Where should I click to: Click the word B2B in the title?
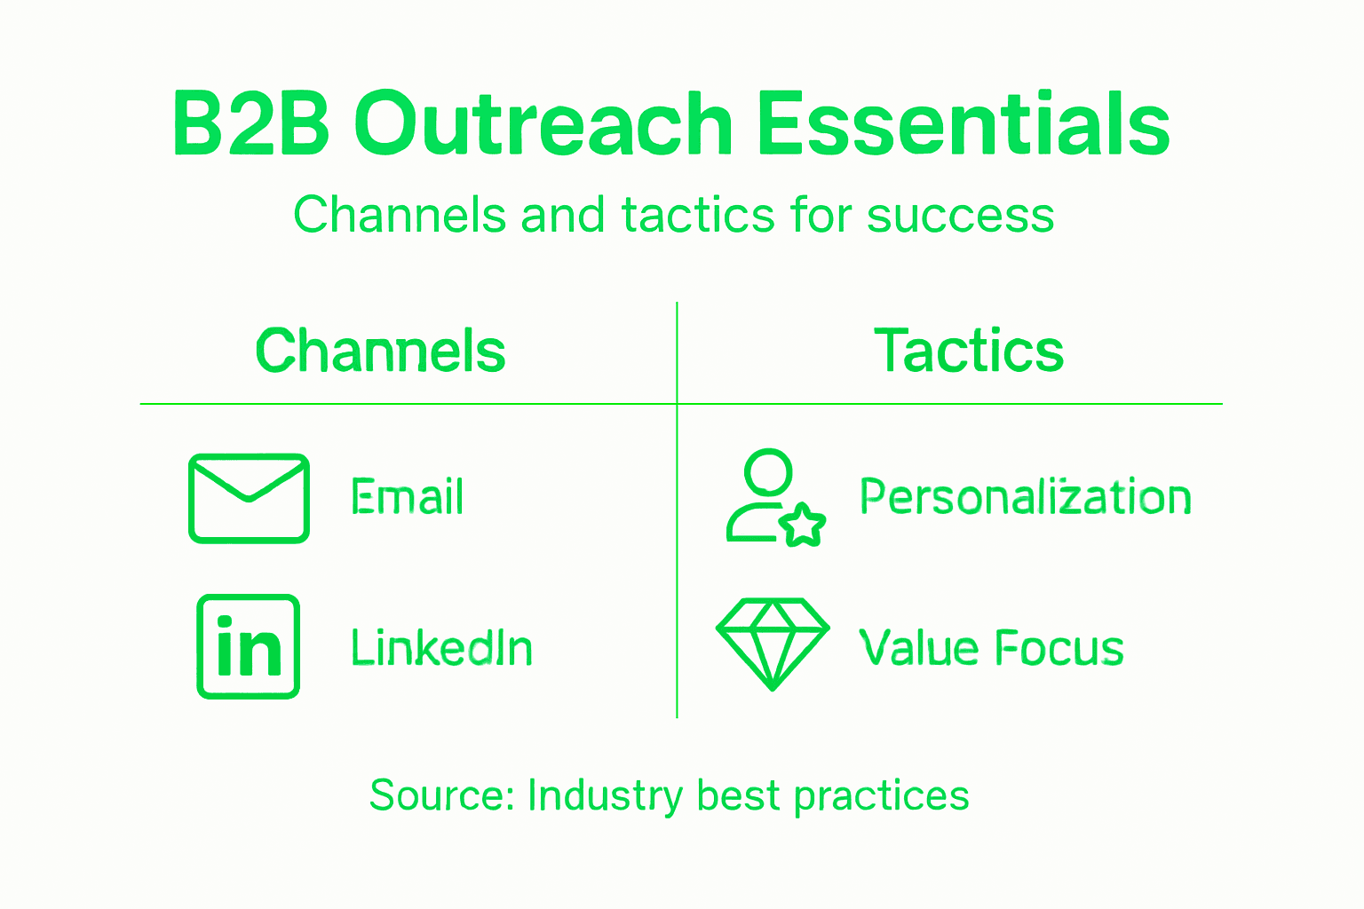pyautogui.click(x=251, y=124)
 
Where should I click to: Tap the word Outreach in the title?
pyautogui.click(x=543, y=124)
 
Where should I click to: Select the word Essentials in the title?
pyautogui.click(x=963, y=124)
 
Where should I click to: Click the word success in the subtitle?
pyautogui.click(x=960, y=216)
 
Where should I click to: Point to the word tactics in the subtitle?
pyautogui.click(x=698, y=216)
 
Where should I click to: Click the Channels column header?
pyautogui.click(x=380, y=352)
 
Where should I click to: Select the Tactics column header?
pyautogui.click(x=969, y=352)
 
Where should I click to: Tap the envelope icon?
pyautogui.click(x=249, y=498)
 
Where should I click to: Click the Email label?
pyautogui.click(x=407, y=497)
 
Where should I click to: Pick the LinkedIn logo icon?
pyautogui.click(x=249, y=646)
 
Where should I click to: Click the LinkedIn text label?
pyautogui.click(x=441, y=648)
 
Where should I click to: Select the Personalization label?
pyautogui.click(x=1025, y=497)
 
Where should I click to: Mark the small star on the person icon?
pyautogui.click(x=803, y=526)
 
